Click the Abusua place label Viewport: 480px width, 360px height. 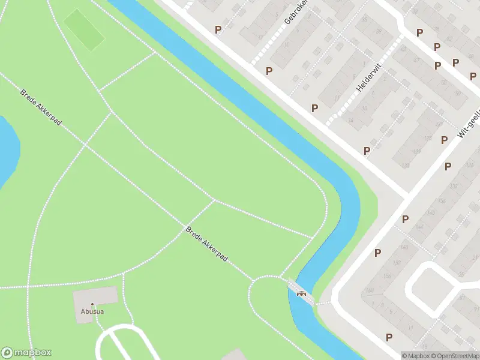(92, 311)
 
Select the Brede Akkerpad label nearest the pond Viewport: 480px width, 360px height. (40, 107)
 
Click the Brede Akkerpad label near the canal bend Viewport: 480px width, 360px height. (206, 243)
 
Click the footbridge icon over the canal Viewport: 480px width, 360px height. (301, 293)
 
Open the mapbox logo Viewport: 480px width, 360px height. (27, 353)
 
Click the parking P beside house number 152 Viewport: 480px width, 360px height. (377, 253)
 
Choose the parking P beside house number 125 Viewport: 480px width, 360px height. (444, 140)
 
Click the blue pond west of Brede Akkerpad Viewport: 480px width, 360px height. (7, 150)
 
